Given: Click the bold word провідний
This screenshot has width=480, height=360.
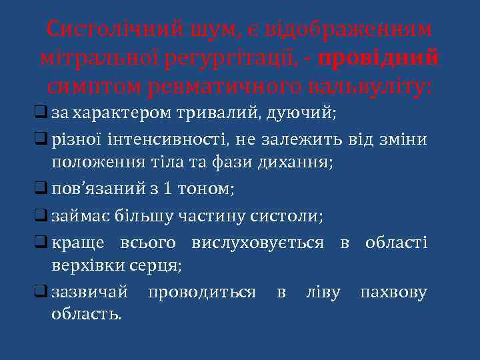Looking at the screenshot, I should click(x=379, y=58).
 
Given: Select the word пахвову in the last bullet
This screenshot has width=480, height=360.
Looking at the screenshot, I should click(x=393, y=291).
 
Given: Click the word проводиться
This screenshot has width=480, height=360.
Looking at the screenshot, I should click(x=202, y=291).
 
